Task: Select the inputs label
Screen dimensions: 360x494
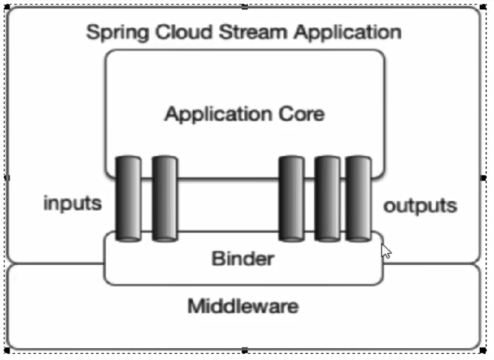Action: [x=72, y=203]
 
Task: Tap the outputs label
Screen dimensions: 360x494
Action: [x=420, y=205]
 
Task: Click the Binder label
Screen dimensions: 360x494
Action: [x=242, y=258]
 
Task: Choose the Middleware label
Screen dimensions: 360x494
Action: [x=243, y=306]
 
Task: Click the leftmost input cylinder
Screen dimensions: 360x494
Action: [x=129, y=198]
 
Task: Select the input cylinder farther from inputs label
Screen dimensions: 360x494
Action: [x=165, y=198]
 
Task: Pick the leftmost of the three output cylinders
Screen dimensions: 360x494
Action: [x=291, y=198]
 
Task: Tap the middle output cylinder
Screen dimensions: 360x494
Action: [x=327, y=198]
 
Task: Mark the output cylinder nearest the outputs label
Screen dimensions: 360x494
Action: [x=359, y=198]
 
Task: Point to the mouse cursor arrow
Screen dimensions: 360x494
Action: [x=385, y=251]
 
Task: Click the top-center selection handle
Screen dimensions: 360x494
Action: [x=245, y=7]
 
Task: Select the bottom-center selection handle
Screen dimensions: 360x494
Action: [x=245, y=351]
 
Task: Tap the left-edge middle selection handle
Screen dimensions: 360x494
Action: [x=7, y=178]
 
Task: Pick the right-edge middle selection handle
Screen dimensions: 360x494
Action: [x=483, y=178]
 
